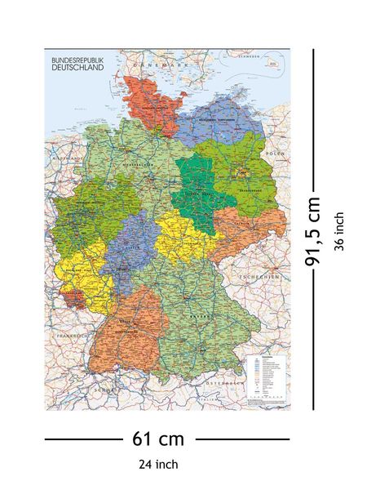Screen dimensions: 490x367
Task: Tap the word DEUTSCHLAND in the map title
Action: (x=78, y=69)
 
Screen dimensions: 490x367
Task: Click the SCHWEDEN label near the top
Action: (x=247, y=56)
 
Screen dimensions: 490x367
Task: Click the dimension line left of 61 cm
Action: (x=82, y=439)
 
